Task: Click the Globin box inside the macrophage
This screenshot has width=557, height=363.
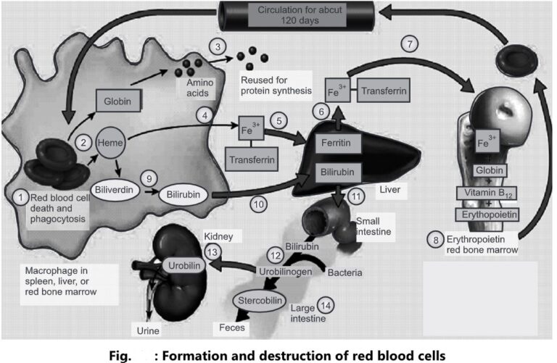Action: [117, 103]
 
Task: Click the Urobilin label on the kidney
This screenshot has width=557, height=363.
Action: [183, 265]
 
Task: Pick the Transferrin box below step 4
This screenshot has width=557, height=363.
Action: [249, 157]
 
